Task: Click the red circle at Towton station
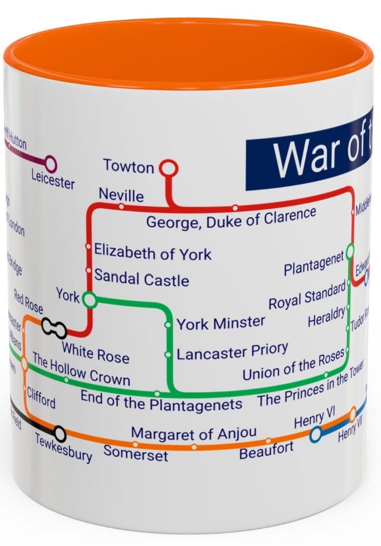[168, 168]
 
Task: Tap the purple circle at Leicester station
[50, 163]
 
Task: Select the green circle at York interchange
[90, 300]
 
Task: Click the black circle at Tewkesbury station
[60, 433]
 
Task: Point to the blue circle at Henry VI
[316, 434]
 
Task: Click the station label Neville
[121, 195]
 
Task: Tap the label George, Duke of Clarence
[231, 218]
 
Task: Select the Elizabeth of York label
[153, 253]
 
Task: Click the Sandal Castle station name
[142, 279]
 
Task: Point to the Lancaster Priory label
[232, 352]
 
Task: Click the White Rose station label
[95, 352]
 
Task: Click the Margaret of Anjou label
[194, 433]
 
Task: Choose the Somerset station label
[135, 452]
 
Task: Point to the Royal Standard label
[307, 297]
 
